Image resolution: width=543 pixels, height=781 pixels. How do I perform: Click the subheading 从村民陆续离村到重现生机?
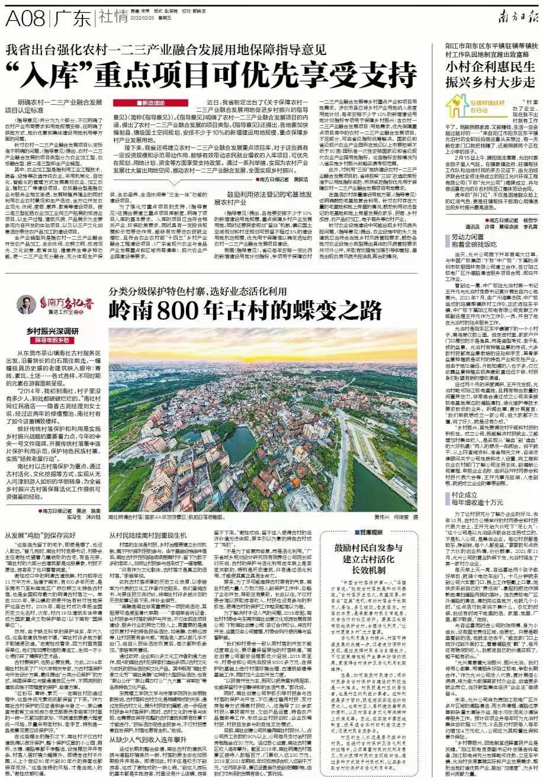[151, 535]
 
